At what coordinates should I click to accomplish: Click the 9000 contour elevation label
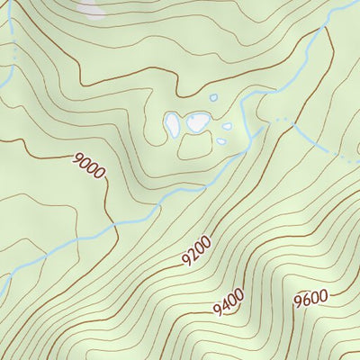pyautogui.click(x=90, y=166)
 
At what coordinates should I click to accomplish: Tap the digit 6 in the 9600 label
pyautogui.click(x=305, y=301)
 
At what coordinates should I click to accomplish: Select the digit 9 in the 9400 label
pyautogui.click(x=218, y=310)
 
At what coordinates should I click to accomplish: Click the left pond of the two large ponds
pyautogui.click(x=172, y=125)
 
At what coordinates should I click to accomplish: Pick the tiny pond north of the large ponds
pyautogui.click(x=213, y=98)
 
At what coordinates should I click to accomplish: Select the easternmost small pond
pyautogui.click(x=227, y=127)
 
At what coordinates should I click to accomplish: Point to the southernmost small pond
pyautogui.click(x=221, y=140)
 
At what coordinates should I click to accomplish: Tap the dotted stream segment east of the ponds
pyautogui.click(x=284, y=120)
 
